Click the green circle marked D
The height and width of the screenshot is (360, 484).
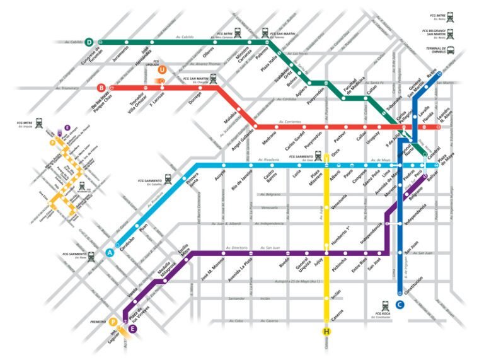click(89, 42)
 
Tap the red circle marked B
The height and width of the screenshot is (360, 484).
click(101, 88)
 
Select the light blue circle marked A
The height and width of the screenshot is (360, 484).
click(111, 252)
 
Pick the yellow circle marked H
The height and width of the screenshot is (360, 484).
click(326, 332)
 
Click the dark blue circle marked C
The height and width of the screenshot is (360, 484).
click(400, 305)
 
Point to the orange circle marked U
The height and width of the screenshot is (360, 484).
click(163, 70)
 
